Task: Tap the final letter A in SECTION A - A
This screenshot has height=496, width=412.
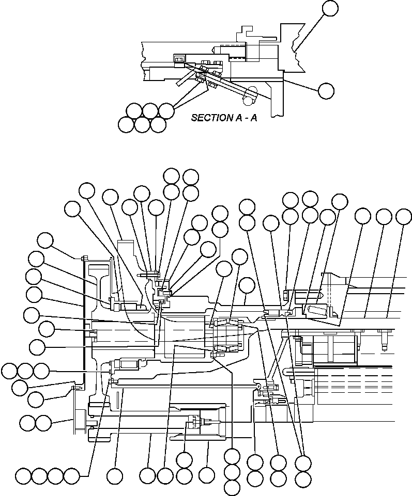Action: coord(253,118)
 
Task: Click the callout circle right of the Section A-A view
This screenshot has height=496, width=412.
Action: coord(326,91)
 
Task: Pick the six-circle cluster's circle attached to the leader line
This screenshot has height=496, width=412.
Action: coord(166,110)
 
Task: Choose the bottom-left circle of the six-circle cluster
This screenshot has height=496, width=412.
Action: coord(126,124)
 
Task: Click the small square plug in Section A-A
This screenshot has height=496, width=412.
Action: coord(179,60)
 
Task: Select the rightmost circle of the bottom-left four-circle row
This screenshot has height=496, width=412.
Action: coord(71,475)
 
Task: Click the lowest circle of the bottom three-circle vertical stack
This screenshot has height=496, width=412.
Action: coord(232,487)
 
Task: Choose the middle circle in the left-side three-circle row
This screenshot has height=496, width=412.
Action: coord(25,371)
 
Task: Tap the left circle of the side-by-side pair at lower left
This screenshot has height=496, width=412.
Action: coord(27,423)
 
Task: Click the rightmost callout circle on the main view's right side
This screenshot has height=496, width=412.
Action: coord(404,217)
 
